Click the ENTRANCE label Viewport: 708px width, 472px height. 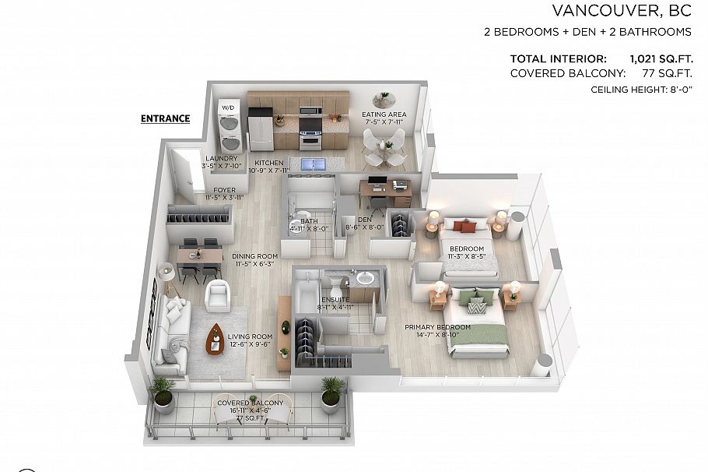165,119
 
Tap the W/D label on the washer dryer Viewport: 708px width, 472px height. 228,107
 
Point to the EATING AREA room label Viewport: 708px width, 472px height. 384,115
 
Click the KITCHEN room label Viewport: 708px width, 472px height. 268,163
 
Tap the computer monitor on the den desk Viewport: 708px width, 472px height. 377,185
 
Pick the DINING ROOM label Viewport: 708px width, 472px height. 254,256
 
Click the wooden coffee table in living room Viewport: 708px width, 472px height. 216,339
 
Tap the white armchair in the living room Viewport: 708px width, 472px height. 218,296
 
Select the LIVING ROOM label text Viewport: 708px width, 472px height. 249,336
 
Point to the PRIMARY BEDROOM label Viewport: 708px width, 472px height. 437,327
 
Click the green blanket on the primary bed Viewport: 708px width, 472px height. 481,333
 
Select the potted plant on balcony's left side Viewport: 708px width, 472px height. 163,393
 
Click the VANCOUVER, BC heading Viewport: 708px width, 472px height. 621,10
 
